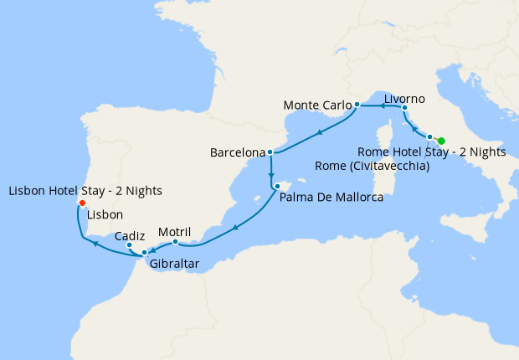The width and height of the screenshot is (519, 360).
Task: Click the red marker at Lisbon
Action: coord(81,203)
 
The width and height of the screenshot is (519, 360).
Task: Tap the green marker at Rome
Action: coord(441,141)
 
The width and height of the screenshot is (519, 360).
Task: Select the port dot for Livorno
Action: coord(404,108)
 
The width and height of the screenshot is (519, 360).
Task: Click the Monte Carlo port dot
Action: coord(357,105)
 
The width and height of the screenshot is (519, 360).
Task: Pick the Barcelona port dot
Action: coord(270,152)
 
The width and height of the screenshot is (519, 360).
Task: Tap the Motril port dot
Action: coord(175,243)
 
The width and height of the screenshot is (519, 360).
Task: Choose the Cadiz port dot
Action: coord(129,245)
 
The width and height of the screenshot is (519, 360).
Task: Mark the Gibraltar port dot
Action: coord(145,252)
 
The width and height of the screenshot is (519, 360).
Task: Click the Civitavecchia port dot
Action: coord(429,136)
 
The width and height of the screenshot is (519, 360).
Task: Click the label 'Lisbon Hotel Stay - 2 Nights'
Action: coord(85,191)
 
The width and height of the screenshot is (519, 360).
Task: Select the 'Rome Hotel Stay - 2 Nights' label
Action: coord(431,152)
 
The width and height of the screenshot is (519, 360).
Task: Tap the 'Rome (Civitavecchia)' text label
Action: coord(373,166)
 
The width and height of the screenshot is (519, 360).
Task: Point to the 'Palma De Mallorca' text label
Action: coord(331,198)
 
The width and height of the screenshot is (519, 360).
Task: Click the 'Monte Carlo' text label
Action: coord(317,105)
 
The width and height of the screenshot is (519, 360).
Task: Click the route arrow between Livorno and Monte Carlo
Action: coord(381,106)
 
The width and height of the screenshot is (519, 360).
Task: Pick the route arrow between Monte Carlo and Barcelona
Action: coord(319,132)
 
